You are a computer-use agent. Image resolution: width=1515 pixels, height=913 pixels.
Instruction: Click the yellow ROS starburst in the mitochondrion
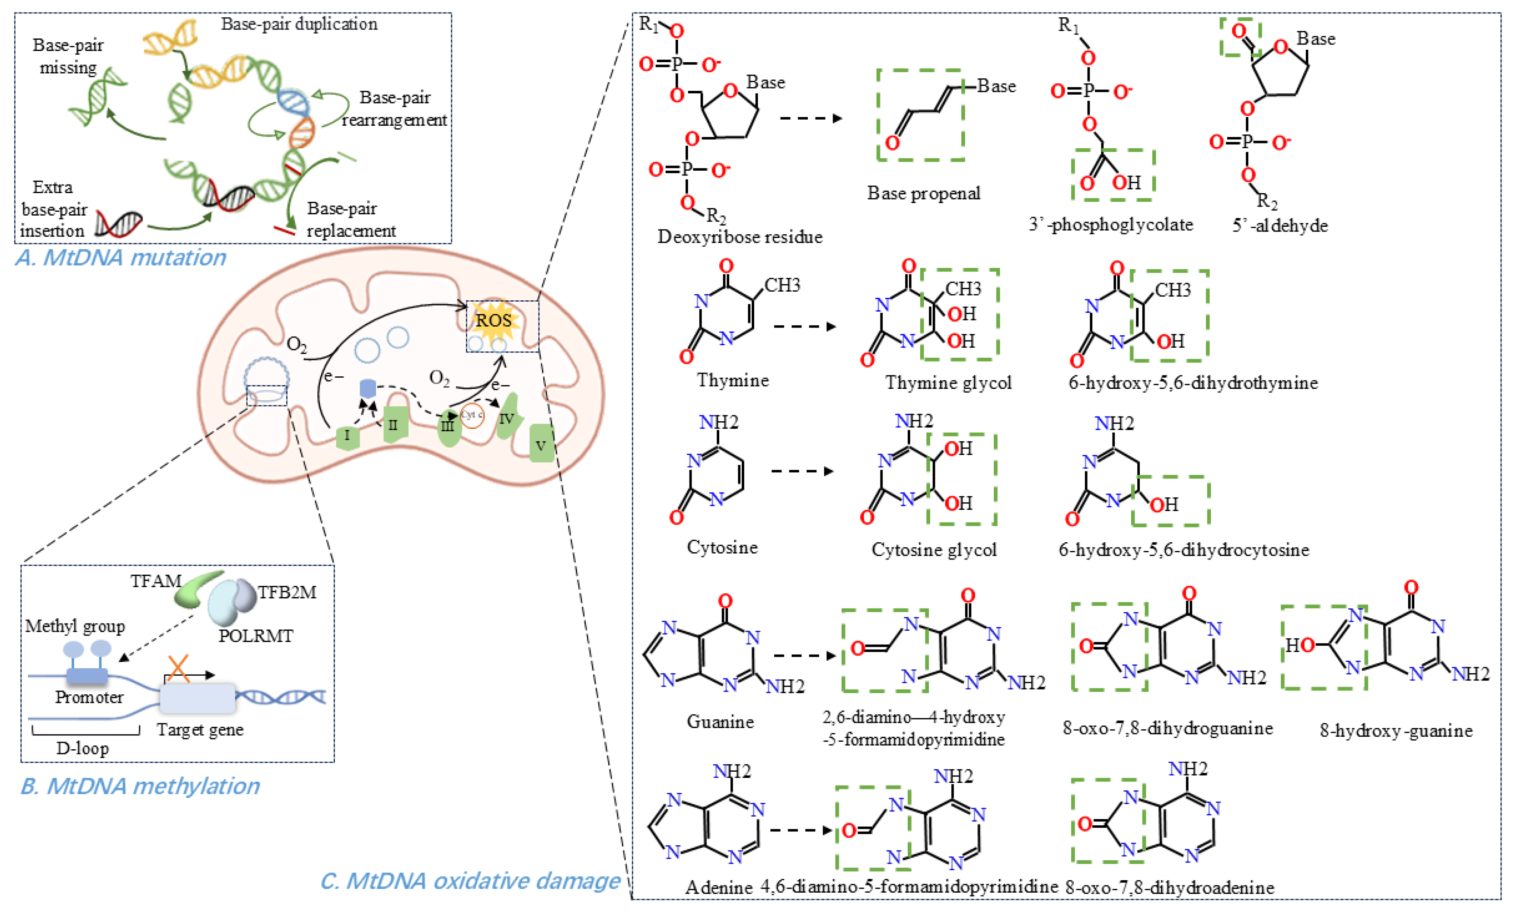pyautogui.click(x=493, y=320)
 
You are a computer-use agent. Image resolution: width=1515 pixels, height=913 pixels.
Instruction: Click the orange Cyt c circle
pyautogui.click(x=472, y=416)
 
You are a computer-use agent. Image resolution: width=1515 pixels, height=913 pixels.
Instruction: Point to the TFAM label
pyautogui.click(x=156, y=581)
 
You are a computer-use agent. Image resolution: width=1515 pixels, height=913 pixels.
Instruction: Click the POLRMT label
pyautogui.click(x=256, y=636)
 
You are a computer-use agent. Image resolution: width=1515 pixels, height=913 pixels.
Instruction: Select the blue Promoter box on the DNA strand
pyautogui.click(x=87, y=676)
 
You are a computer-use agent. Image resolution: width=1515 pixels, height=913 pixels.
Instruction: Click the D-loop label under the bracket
pyautogui.click(x=83, y=749)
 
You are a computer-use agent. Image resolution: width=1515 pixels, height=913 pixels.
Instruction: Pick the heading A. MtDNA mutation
pyautogui.click(x=121, y=257)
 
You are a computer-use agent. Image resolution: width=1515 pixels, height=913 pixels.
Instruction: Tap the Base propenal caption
pyautogui.click(x=924, y=194)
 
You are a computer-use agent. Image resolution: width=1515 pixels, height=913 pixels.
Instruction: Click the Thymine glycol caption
pyautogui.click(x=948, y=383)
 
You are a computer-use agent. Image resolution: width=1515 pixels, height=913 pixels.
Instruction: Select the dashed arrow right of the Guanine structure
pyautogui.click(x=804, y=655)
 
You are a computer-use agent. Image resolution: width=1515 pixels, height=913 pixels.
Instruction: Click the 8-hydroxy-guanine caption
pyautogui.click(x=1396, y=731)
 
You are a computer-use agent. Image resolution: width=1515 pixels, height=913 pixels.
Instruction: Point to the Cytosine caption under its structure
pyautogui.click(x=722, y=547)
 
